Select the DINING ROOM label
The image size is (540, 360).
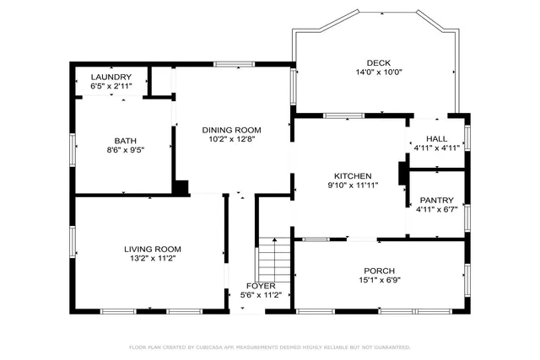[231, 130]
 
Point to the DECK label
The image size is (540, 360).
[378, 62]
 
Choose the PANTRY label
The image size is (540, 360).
[436, 200]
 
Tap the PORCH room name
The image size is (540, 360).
[378, 271]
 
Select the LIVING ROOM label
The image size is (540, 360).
[153, 249]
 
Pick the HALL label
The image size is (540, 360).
[436, 138]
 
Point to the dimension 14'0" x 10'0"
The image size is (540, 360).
[378, 73]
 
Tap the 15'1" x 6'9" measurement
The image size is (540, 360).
[378, 281]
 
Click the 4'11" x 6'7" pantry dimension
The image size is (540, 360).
[436, 210]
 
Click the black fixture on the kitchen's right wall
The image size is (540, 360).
[402, 172]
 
